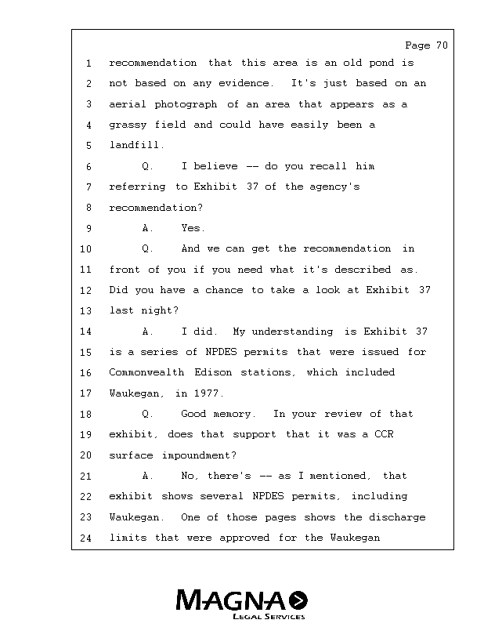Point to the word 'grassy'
pyautogui.click(x=128, y=125)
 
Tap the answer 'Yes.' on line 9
pyautogui.click(x=193, y=229)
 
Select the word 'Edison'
pyautogui.click(x=213, y=373)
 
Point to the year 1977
pyautogui.click(x=210, y=393)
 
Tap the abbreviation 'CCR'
pyautogui.click(x=383, y=435)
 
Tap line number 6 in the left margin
pyautogui.click(x=88, y=167)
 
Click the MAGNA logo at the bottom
pyautogui.click(x=242, y=600)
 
